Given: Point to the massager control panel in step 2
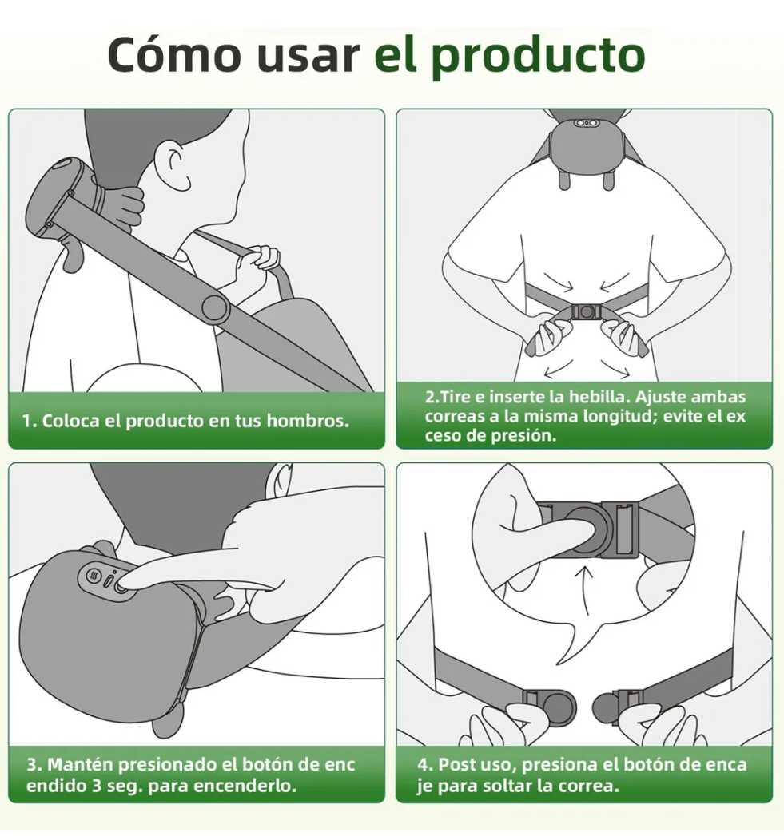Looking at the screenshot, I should pyautogui.click(x=587, y=124).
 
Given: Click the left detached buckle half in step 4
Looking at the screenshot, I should pyautogui.click(x=551, y=706).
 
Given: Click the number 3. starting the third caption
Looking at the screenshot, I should pyautogui.click(x=34, y=765).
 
